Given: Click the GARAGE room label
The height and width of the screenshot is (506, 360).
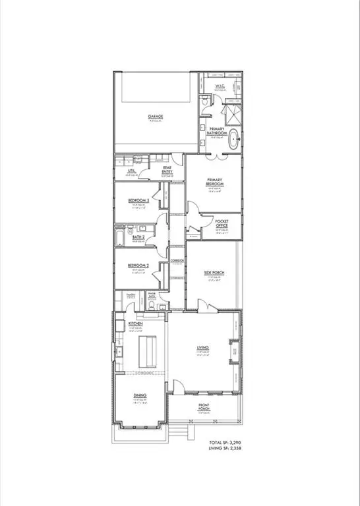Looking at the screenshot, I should click(x=156, y=117).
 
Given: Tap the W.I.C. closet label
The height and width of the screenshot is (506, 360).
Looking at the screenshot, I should click(x=221, y=88).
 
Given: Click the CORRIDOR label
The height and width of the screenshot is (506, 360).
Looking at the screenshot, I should click(x=177, y=262).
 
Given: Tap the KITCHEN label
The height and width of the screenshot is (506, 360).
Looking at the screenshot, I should click(x=136, y=325).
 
